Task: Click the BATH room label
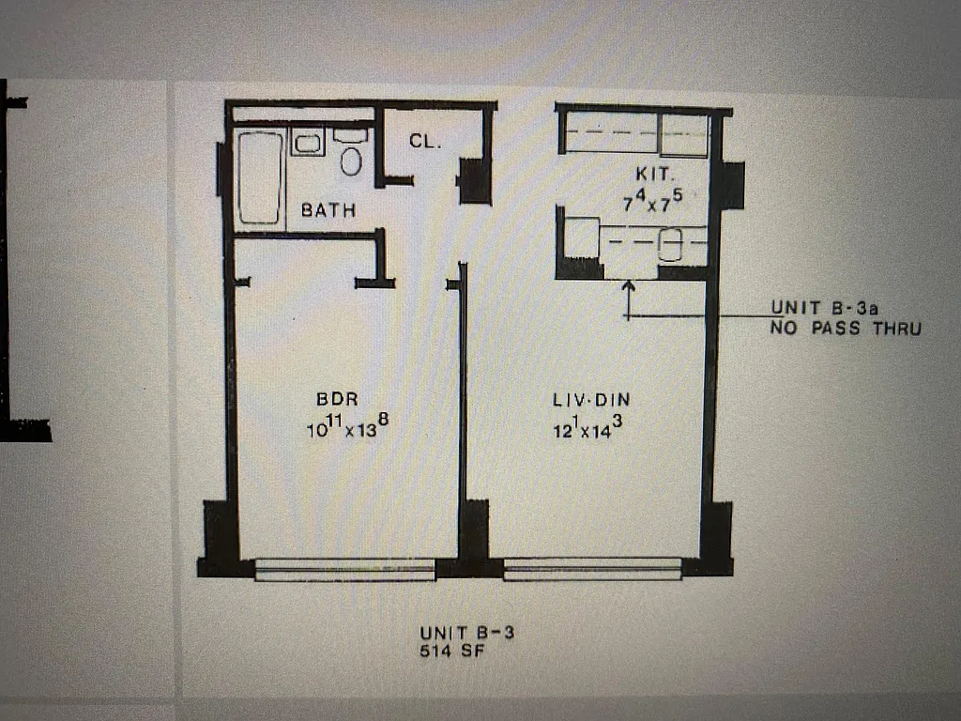click(328, 210)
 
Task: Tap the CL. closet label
click(425, 141)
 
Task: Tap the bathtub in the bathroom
click(260, 177)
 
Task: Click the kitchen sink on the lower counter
click(672, 244)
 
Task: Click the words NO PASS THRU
click(845, 328)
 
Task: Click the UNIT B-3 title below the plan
click(465, 633)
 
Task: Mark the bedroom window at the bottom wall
click(345, 568)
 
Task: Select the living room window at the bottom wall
click(592, 568)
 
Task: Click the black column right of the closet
click(475, 180)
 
